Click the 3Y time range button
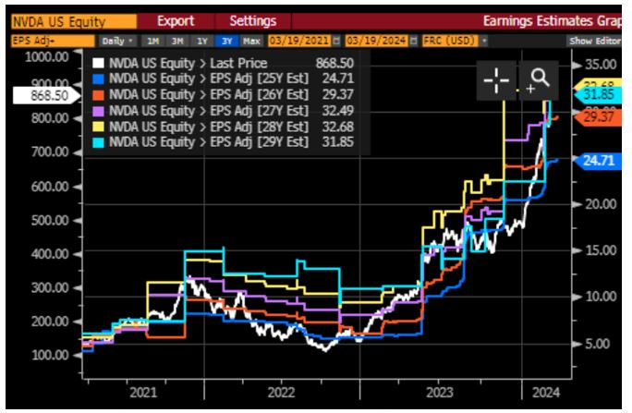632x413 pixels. pyautogui.click(x=225, y=42)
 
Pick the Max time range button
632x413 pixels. pyautogui.click(x=249, y=42)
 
